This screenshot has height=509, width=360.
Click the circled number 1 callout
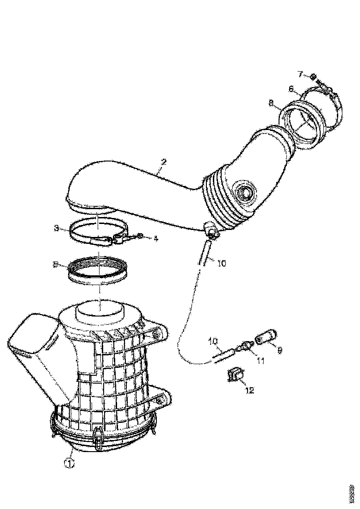[69, 462]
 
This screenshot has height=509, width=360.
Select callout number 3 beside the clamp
[56, 228]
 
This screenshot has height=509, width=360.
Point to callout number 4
[156, 239]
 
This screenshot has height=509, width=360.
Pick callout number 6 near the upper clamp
[291, 88]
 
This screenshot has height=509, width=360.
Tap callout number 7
[300, 74]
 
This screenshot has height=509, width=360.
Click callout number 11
[261, 360]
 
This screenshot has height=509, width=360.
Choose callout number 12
[249, 390]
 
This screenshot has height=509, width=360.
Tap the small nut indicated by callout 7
[313, 77]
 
